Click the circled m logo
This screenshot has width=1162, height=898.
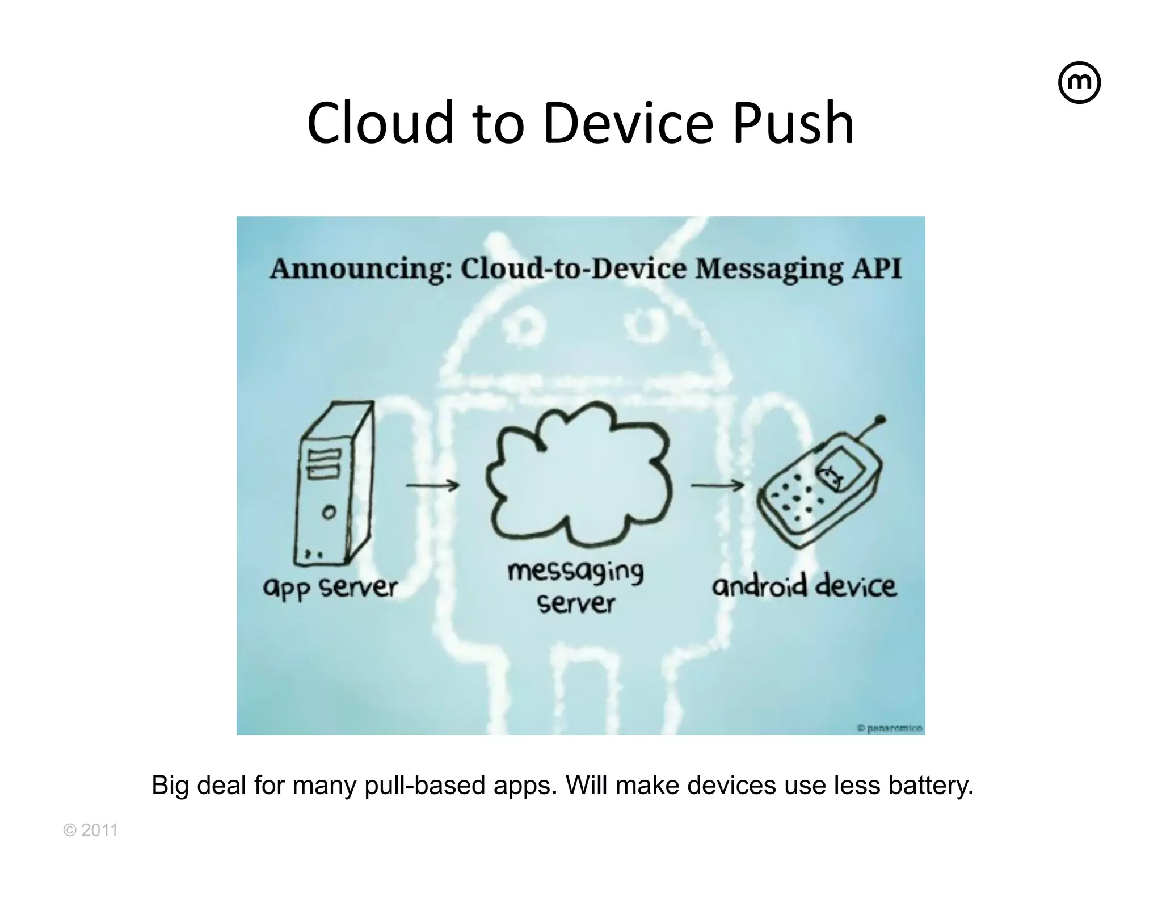coord(1079,83)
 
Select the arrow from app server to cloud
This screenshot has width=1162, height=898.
coord(432,485)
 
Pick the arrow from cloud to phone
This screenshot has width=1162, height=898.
coord(717,485)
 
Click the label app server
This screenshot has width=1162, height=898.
coord(330,588)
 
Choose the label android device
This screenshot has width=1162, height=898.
coord(804,586)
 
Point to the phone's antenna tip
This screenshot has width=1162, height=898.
coord(880,421)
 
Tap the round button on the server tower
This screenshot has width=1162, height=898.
coord(329,513)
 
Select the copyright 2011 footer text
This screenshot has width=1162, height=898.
coord(91,830)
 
